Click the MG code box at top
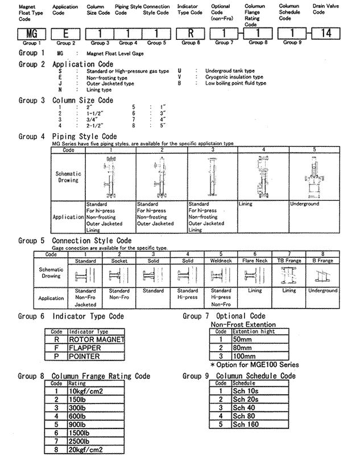point(31,33)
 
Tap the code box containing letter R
point(188,33)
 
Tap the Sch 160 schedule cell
point(246,425)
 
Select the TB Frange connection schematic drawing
point(289,276)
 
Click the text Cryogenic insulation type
point(234,77)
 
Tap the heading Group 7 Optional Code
point(224,316)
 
